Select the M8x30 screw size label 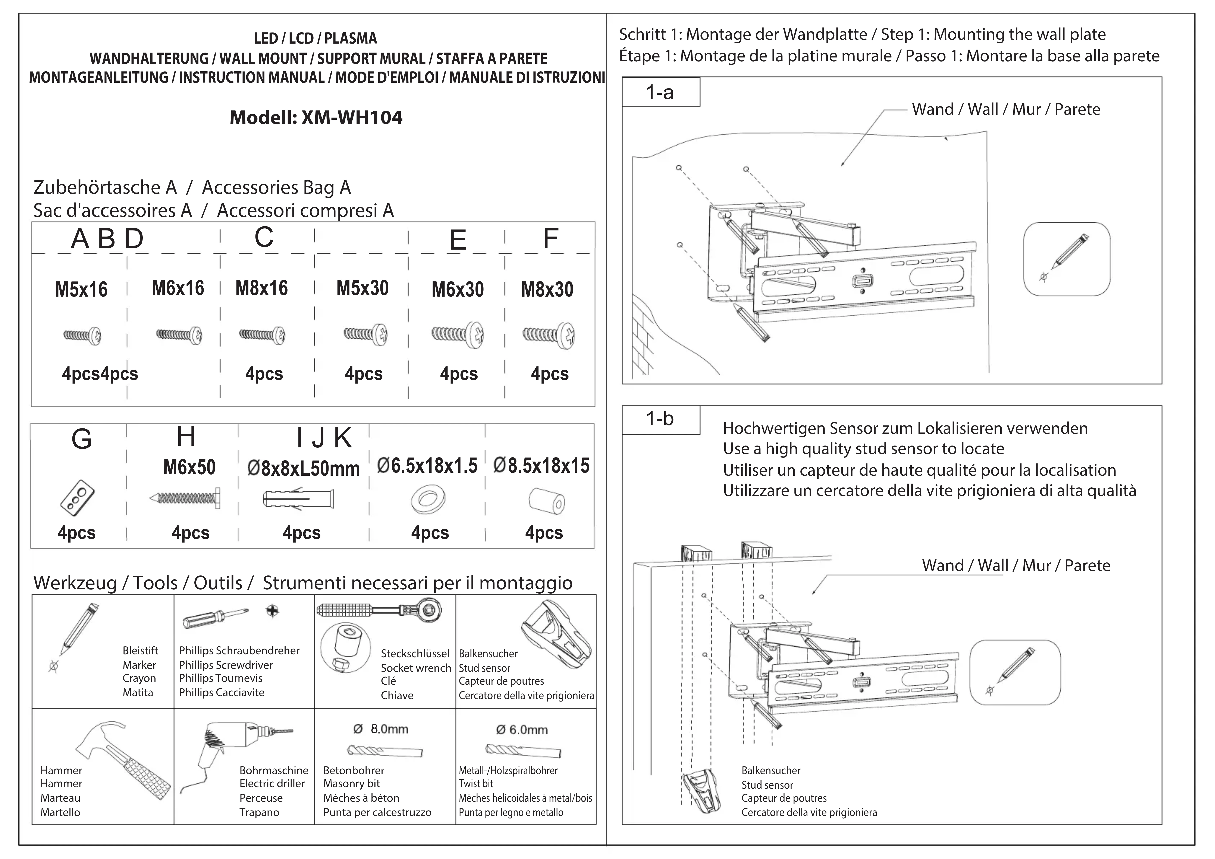[x=547, y=290]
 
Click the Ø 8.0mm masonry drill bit [x=385, y=750]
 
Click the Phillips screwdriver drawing [x=215, y=617]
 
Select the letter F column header [x=551, y=239]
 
